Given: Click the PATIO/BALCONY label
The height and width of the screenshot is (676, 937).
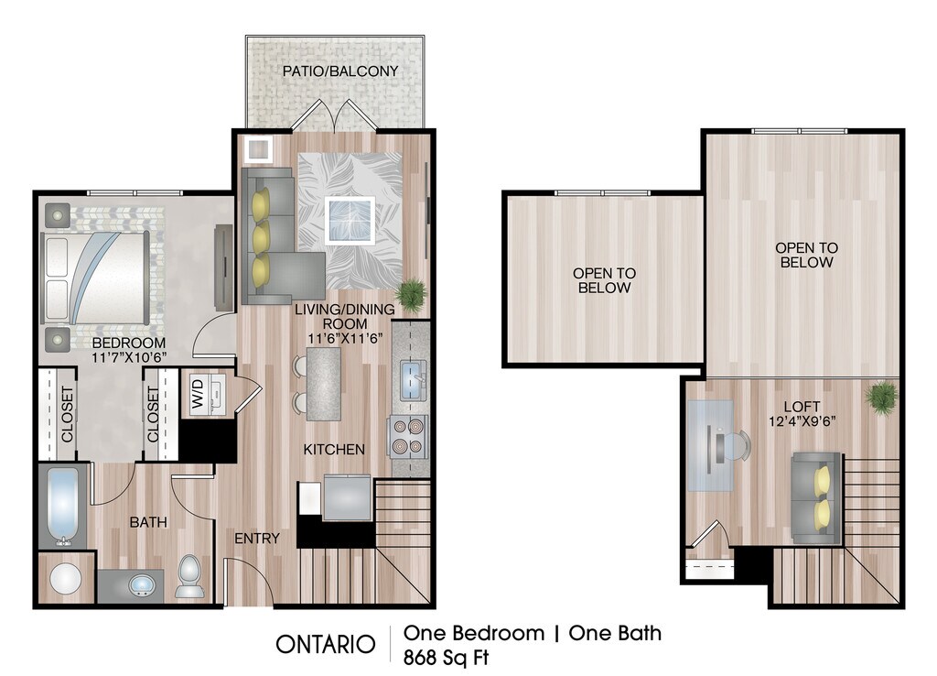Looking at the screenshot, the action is (340, 71).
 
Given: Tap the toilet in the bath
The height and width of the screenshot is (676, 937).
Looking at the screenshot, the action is (190, 576).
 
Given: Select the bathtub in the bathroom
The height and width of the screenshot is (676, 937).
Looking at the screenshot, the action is (63, 507).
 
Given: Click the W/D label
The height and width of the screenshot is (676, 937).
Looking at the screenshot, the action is (199, 394).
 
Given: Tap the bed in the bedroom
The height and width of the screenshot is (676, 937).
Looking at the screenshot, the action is (95, 278).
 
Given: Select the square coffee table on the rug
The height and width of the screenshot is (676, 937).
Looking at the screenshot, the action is (350, 220).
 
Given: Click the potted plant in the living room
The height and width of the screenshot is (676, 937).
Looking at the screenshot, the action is (411, 294).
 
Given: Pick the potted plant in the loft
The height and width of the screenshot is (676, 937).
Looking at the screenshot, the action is (881, 396).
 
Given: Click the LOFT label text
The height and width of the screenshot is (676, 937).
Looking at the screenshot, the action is (802, 407).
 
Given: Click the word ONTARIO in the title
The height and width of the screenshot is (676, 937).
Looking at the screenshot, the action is (325, 644).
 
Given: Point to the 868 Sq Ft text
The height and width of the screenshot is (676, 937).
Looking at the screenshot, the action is (446, 658).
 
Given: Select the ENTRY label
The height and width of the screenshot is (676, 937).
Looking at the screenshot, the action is (257, 539).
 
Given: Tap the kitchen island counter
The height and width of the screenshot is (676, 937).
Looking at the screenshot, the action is (324, 385).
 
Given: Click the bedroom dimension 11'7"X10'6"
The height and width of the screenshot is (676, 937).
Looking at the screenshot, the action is (129, 358).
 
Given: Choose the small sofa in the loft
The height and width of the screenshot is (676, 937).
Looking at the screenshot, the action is (816, 497).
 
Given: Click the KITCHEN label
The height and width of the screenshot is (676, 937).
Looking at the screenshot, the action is (334, 449).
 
